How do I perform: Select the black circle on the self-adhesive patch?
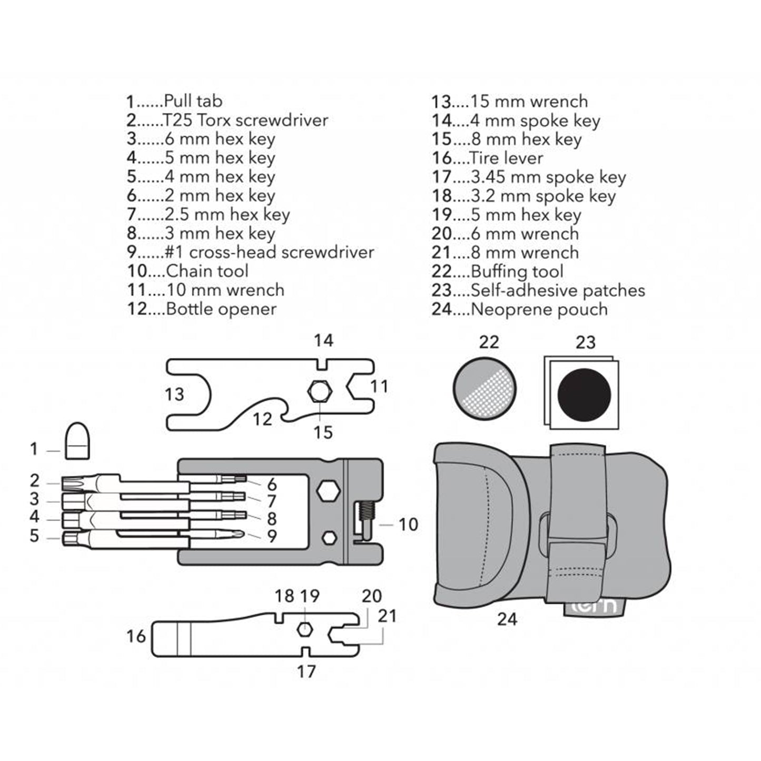point(584,394)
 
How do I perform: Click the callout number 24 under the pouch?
point(507,619)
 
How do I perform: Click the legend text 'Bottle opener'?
point(221,309)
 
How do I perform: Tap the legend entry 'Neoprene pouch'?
point(539,309)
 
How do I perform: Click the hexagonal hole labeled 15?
point(319,391)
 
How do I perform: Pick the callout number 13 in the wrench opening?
point(174,394)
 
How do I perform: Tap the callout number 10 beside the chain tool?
point(408,525)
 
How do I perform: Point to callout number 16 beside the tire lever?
point(136,636)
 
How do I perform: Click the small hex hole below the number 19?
point(304,629)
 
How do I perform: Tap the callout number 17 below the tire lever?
point(306,671)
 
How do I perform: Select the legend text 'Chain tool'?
point(207,271)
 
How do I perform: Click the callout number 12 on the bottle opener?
point(262,419)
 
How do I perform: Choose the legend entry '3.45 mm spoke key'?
point(548,177)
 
